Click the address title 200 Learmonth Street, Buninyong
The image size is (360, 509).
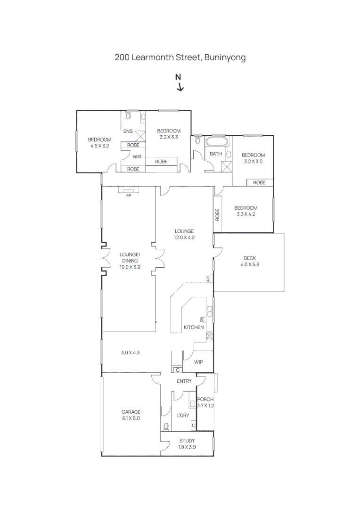(180, 57)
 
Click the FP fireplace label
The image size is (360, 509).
(128, 195)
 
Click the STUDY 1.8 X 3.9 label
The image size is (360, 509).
(187, 443)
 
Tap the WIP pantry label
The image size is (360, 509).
(199, 362)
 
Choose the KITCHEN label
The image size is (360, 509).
(194, 327)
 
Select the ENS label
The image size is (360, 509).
(128, 131)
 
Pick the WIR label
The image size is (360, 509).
(137, 157)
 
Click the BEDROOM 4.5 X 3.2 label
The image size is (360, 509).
(99, 142)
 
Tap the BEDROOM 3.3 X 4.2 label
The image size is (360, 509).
(246, 211)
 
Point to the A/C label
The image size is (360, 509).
(208, 279)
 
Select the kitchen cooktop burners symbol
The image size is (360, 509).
(209, 336)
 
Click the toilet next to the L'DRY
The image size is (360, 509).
(165, 426)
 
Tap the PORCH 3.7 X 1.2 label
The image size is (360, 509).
(205, 402)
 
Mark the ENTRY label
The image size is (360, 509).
(184, 381)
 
